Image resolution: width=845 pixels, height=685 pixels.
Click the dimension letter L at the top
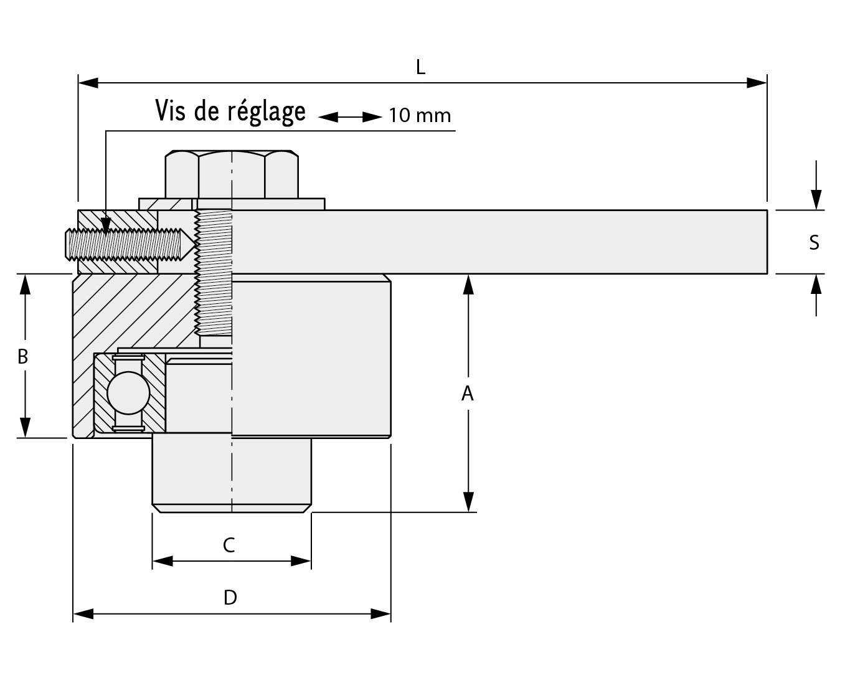coord(420,67)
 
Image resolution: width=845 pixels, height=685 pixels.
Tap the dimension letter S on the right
coord(814,242)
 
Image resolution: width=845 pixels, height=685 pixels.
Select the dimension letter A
coord(467,393)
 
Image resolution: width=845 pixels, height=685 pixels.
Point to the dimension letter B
coord(23,356)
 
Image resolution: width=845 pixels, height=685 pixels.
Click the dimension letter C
coord(229,545)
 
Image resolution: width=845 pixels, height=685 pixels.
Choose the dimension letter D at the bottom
coord(230,597)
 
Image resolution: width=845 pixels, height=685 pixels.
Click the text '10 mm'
coord(420,115)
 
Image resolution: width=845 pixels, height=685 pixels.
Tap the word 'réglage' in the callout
coord(267,112)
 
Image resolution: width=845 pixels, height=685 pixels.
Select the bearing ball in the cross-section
coord(128,393)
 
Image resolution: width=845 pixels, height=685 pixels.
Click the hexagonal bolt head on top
coord(232,174)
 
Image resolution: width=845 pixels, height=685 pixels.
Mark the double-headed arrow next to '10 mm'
coord(350,117)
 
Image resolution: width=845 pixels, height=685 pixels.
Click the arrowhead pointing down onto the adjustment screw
coord(105,225)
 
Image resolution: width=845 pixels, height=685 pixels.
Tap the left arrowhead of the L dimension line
coord(88,83)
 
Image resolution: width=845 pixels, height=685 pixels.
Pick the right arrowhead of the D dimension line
coord(381,614)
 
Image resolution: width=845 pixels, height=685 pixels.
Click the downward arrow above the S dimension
coord(816,185)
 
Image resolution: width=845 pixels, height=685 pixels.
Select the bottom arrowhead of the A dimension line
coord(468,502)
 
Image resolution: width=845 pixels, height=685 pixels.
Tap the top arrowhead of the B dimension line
coord(25,284)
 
